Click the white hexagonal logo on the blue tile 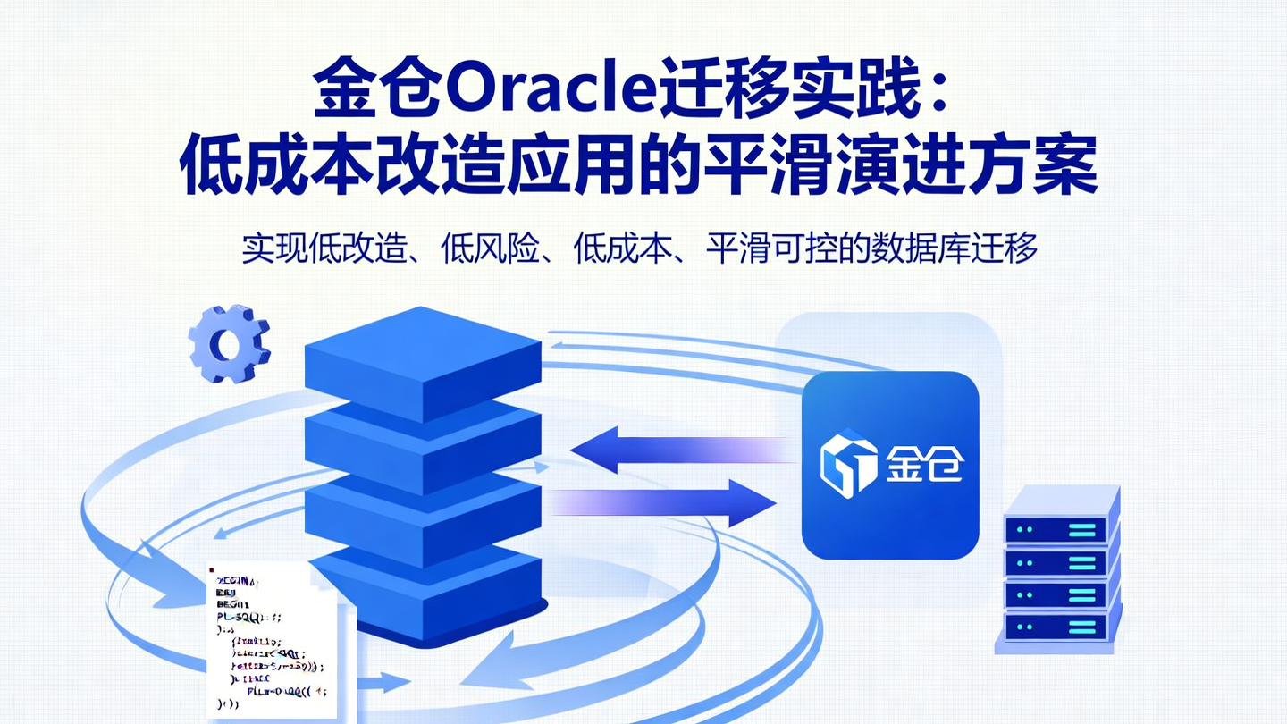tap(848, 463)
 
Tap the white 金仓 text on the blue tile tap(924, 464)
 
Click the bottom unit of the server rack tap(1061, 625)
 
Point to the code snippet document tap(273, 641)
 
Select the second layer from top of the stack tap(423, 438)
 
